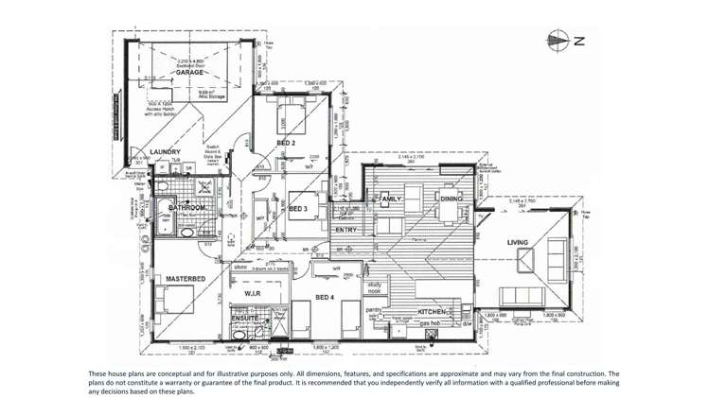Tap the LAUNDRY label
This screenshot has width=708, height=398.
coord(165,150)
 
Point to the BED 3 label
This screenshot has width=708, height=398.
coord(298,207)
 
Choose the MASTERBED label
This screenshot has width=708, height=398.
coord(186,280)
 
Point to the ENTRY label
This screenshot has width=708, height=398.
coord(345,230)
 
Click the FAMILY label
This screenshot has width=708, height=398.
coord(391,199)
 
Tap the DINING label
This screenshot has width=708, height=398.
coord(451,199)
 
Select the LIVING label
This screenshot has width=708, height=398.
coord(518,243)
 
